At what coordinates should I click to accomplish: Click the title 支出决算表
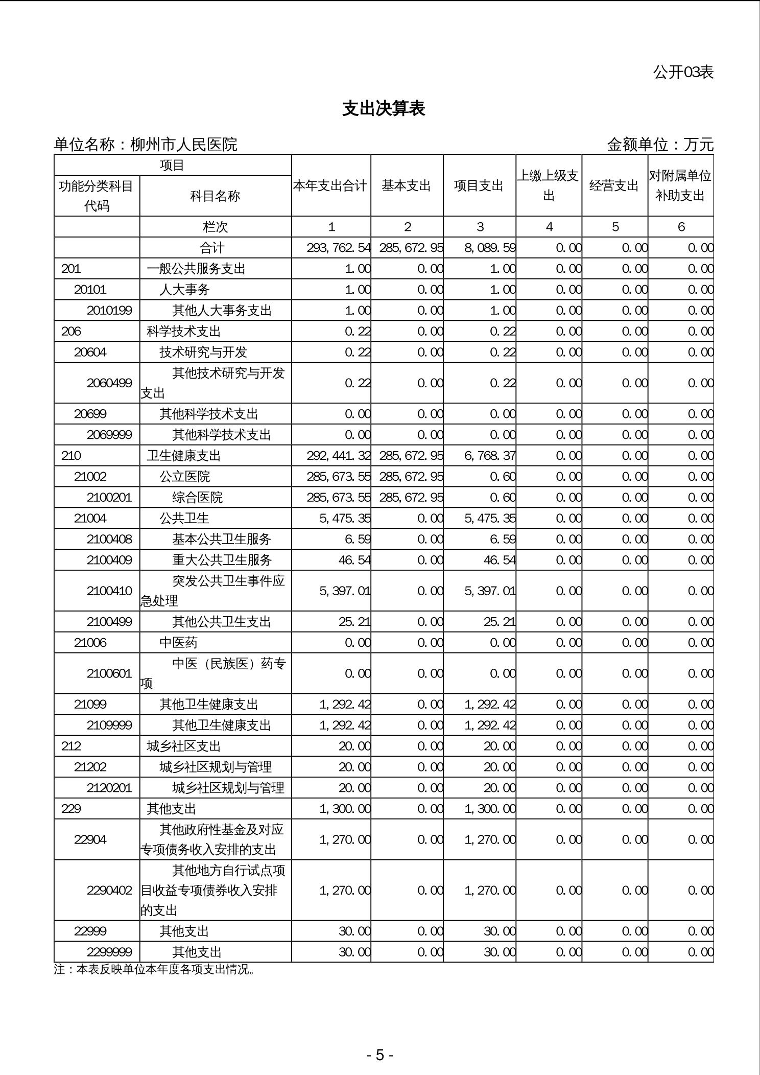[383, 109]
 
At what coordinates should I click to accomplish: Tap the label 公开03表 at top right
[683, 73]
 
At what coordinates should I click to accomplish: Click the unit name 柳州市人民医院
[183, 145]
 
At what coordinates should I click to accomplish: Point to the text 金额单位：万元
[659, 145]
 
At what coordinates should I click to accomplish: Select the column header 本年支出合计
[330, 186]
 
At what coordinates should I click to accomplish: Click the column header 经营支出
[614, 186]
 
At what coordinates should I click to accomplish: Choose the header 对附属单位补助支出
[680, 186]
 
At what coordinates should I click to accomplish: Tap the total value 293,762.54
[338, 248]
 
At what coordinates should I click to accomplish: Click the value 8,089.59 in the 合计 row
[489, 248]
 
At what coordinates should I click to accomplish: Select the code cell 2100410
[109, 591]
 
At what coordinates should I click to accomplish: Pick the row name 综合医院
[197, 497]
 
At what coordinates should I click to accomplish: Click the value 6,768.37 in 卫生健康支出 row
[489, 455]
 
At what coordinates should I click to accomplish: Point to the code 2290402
[109, 890]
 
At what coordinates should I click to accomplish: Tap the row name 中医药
[178, 642]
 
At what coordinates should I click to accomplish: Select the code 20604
[90, 352]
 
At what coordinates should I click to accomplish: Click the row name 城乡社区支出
[183, 746]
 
